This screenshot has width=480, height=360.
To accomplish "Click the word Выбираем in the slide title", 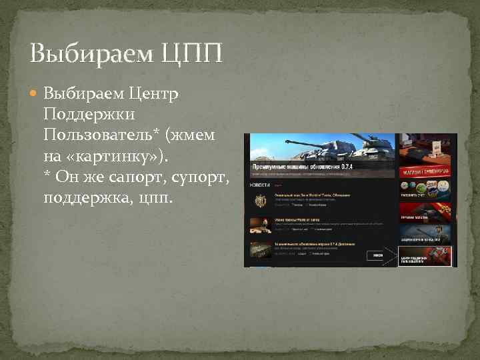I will (x=91, y=53).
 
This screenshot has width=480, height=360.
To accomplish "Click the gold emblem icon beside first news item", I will (x=259, y=200).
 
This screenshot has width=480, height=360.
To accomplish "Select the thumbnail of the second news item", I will (x=259, y=225).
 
